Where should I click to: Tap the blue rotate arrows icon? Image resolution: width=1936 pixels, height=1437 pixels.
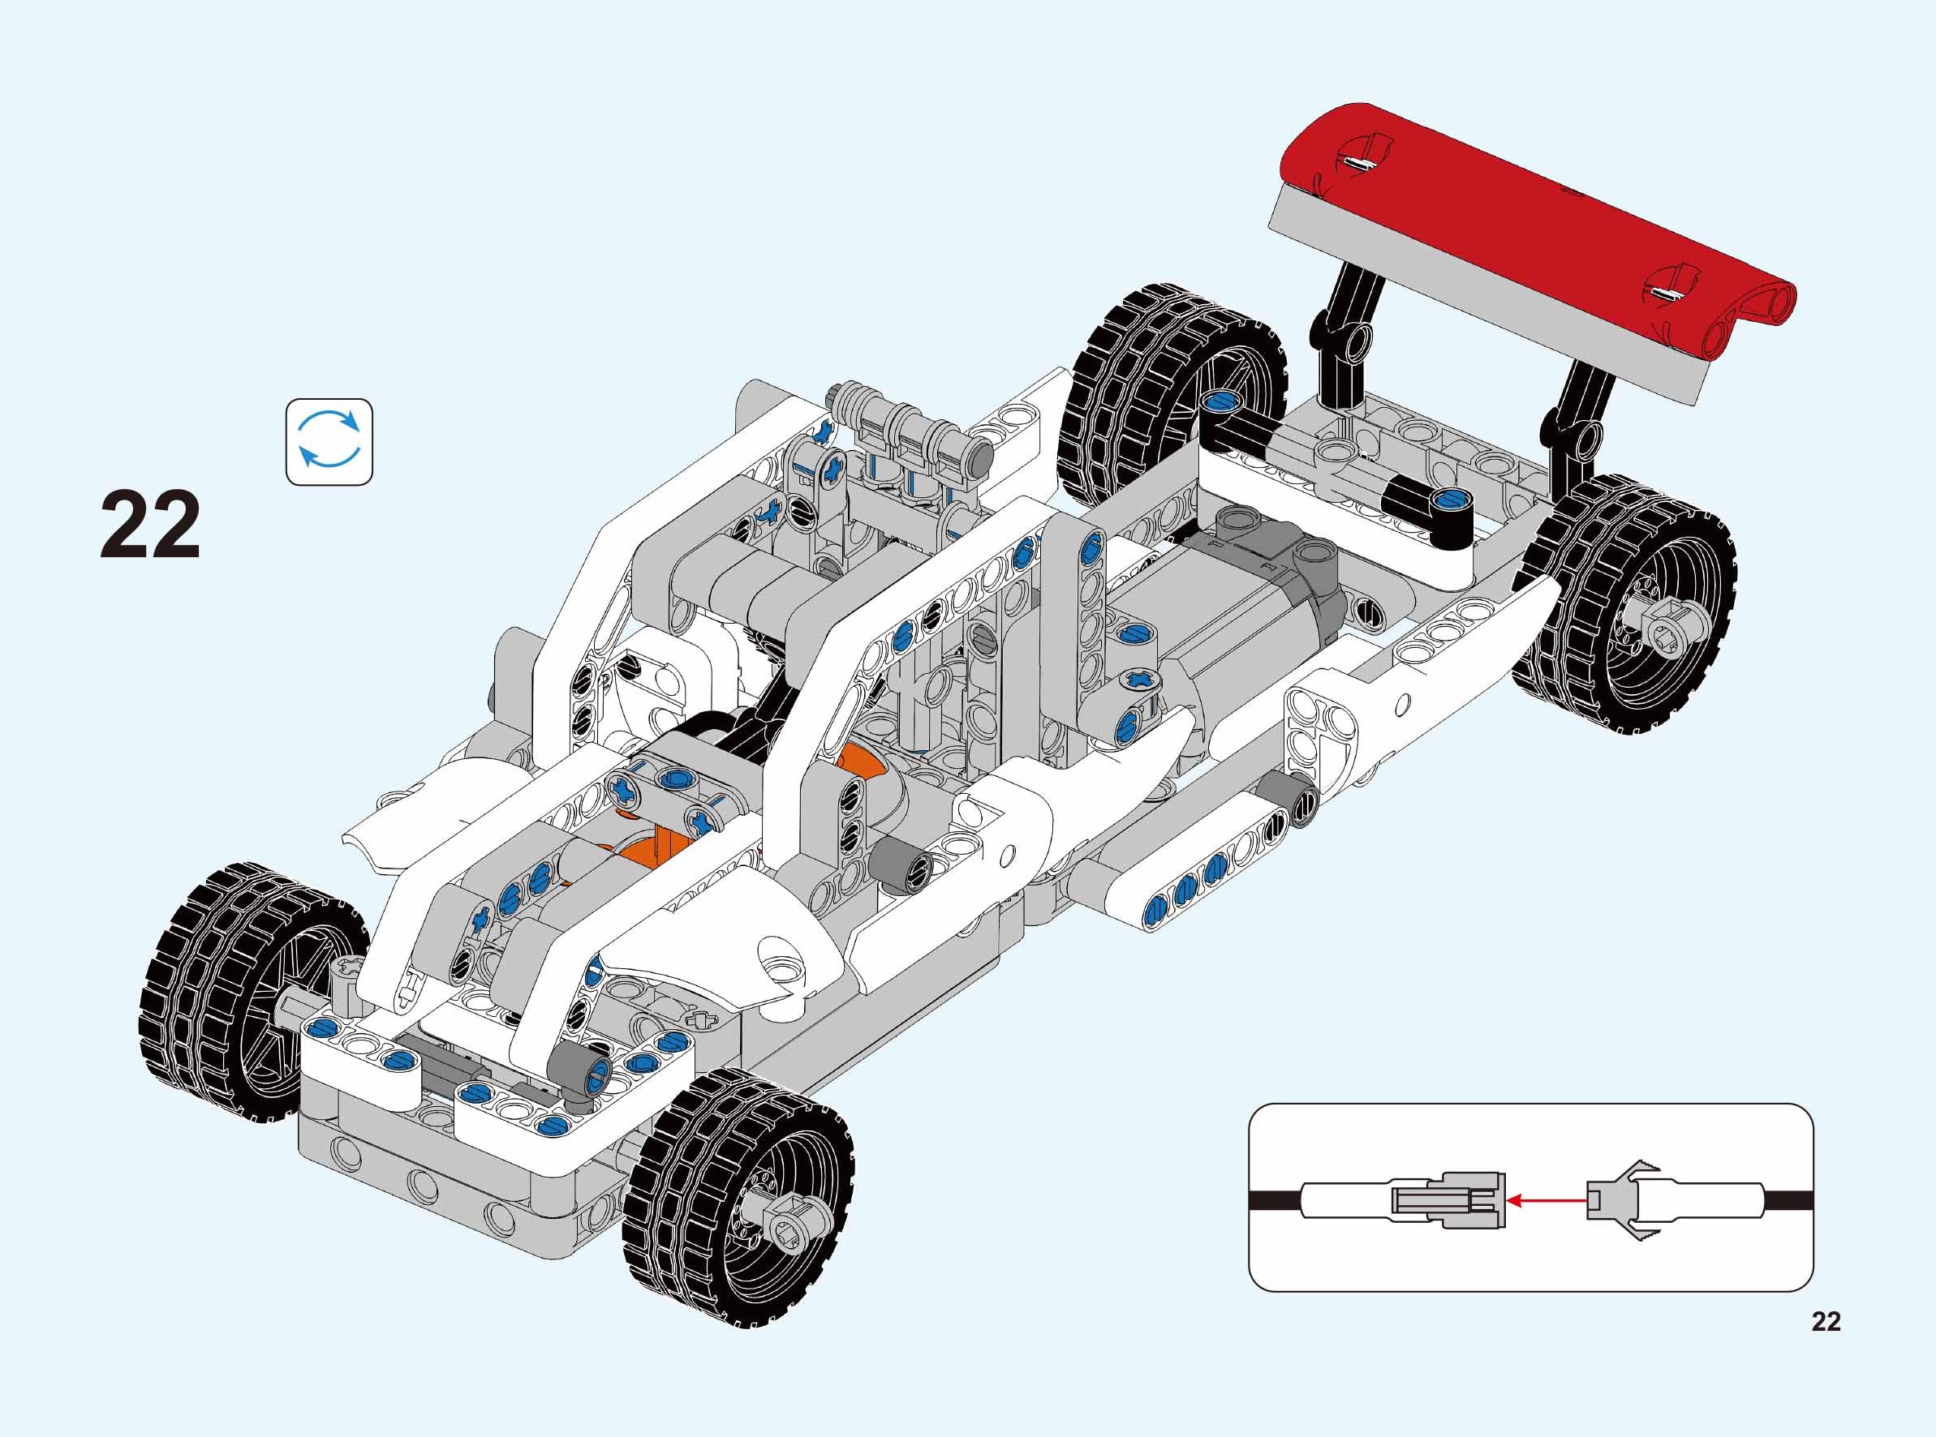coord(329,442)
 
